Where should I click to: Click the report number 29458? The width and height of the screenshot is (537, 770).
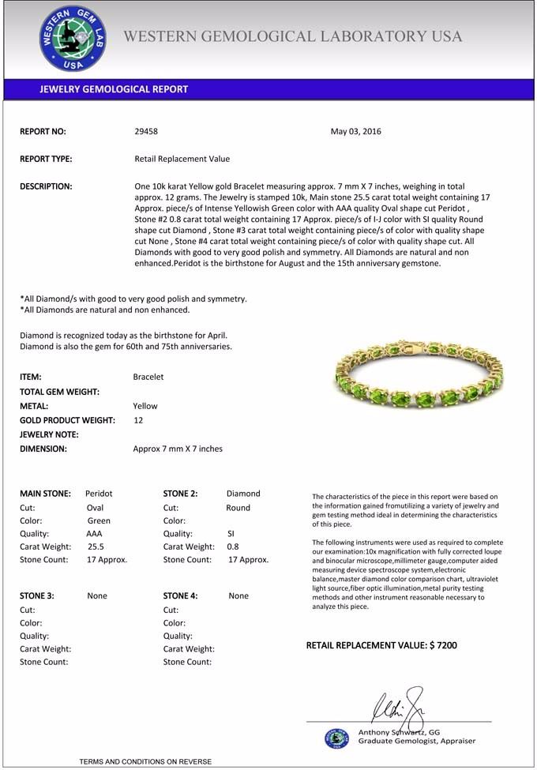[x=147, y=131]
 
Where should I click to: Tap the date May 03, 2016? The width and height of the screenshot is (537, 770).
[x=355, y=131]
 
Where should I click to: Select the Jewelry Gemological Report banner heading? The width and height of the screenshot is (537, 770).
[x=114, y=89]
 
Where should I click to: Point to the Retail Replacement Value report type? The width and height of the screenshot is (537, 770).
[x=182, y=159]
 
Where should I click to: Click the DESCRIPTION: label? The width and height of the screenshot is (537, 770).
[x=46, y=186]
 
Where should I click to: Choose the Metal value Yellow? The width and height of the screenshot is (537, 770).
[x=145, y=406]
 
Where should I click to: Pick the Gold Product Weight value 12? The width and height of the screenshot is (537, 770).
[x=138, y=420]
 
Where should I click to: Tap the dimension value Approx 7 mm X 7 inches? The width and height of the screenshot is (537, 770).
[x=178, y=449]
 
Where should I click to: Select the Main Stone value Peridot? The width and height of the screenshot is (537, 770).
[x=99, y=494]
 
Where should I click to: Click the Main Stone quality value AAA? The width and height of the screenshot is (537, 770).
[x=94, y=534]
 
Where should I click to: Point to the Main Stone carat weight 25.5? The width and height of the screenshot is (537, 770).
[x=96, y=547]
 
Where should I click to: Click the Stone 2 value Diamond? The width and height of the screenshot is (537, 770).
[x=243, y=494]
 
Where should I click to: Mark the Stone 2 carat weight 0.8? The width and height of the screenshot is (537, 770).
[x=233, y=547]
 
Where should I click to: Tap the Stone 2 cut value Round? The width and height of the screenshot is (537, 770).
[x=238, y=508]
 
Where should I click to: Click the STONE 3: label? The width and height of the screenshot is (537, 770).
[x=37, y=596]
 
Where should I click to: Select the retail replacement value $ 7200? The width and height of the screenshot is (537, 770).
[x=442, y=645]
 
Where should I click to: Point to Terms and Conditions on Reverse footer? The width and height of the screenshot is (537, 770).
[x=145, y=761]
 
